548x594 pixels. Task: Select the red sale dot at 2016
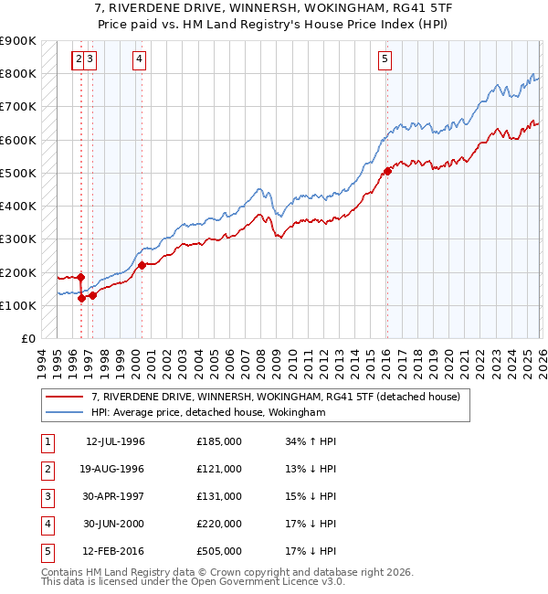(387, 171)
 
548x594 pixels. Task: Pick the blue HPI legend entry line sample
(65, 412)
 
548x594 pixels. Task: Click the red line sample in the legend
(65, 397)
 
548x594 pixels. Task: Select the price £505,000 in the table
(219, 551)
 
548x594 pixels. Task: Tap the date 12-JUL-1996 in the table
(115, 441)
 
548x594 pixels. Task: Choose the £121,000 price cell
(219, 469)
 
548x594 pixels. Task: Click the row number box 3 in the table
(46, 496)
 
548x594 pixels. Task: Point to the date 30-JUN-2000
(115, 524)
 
